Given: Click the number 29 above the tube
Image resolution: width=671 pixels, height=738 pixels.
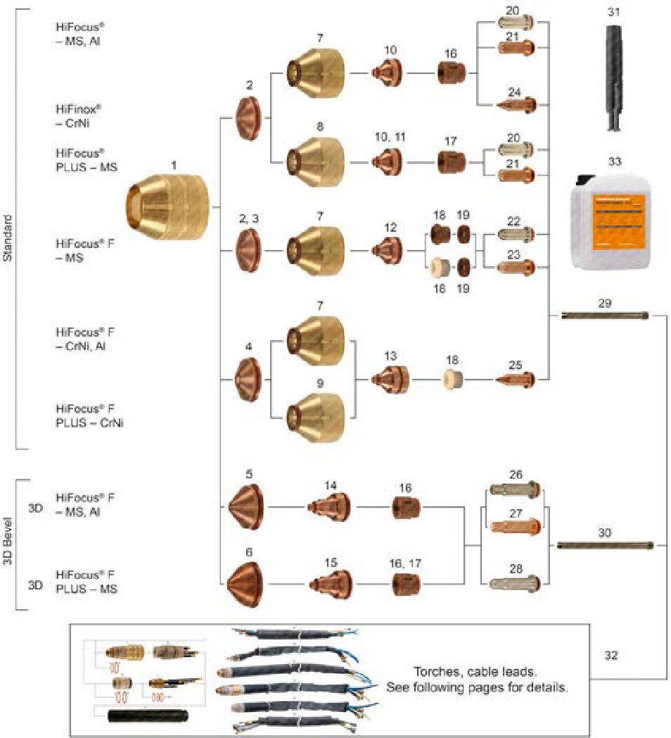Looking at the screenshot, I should [x=606, y=304].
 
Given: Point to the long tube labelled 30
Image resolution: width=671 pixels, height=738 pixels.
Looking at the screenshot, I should [x=605, y=544].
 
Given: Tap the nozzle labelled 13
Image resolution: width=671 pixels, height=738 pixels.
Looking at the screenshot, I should [x=390, y=380].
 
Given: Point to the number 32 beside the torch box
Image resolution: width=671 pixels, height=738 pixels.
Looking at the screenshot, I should [x=611, y=655].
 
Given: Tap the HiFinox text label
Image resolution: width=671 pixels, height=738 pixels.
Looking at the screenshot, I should [x=79, y=110].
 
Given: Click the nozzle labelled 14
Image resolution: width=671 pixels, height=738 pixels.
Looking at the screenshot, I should [x=331, y=506].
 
